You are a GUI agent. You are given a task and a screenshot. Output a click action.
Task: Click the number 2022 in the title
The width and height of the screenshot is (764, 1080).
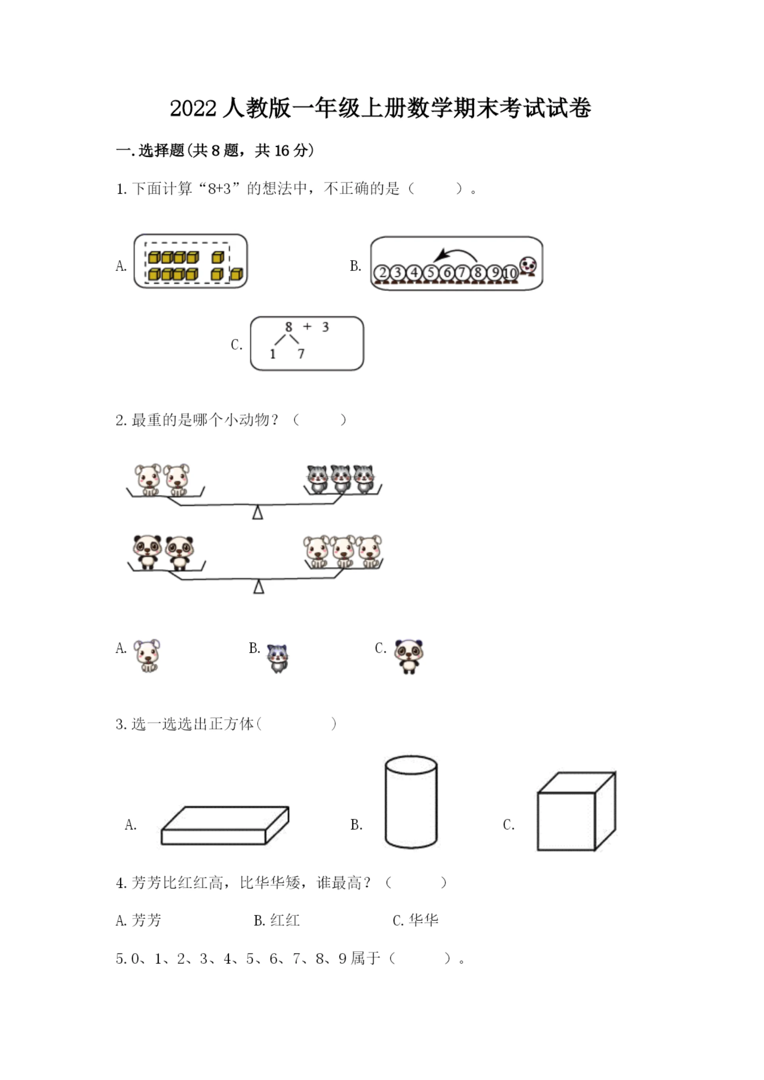point(193,109)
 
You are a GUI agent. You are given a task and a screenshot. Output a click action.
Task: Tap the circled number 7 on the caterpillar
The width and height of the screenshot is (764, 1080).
point(462,272)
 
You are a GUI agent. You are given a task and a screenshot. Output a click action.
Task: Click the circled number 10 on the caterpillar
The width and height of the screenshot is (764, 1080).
point(510,273)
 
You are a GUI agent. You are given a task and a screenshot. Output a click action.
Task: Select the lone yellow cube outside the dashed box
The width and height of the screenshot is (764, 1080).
point(237,274)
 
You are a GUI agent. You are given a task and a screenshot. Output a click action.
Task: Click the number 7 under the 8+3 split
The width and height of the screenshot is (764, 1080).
point(301,354)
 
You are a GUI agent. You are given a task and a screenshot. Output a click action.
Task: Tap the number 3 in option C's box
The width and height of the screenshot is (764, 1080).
point(325,327)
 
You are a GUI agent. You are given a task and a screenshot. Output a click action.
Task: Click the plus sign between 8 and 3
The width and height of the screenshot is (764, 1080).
point(307,326)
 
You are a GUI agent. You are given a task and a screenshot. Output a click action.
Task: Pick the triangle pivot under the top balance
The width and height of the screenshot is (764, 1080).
point(257,512)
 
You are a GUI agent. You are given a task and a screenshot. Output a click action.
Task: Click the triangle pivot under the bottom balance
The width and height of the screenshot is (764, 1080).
point(258,587)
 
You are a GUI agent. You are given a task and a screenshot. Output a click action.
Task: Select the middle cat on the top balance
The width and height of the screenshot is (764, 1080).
point(341,479)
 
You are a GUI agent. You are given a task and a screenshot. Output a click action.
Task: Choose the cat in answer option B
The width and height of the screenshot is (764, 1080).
point(278,658)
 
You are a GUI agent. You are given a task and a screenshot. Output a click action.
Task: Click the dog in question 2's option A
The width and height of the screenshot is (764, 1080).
point(147,655)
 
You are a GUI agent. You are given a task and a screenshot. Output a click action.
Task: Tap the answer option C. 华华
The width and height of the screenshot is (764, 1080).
point(415,920)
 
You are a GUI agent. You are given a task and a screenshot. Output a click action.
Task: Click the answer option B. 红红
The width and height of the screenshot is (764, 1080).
point(277,920)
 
